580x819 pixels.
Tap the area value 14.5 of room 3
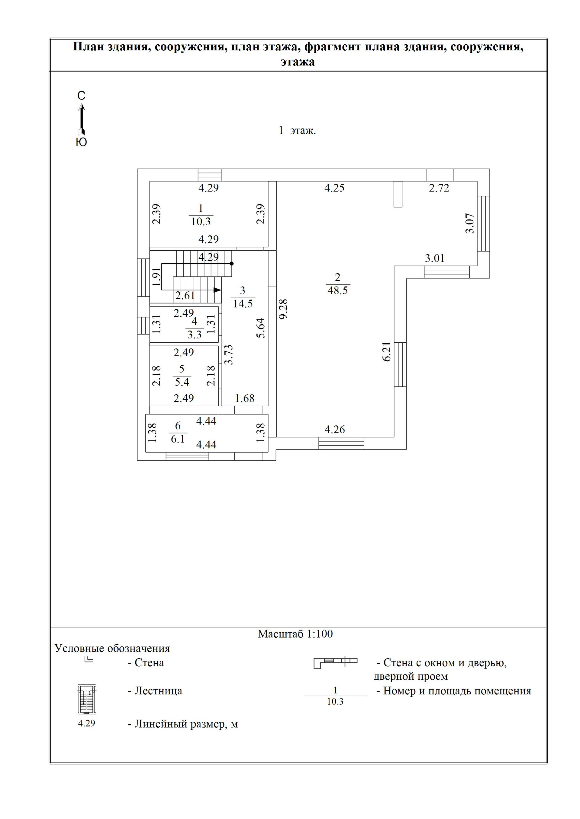pos(243,304)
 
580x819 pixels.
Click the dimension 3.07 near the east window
pos(470,223)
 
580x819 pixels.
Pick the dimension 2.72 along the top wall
pos(439,188)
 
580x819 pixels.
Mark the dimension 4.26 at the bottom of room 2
pos(335,430)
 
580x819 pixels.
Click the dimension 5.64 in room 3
pos(261,328)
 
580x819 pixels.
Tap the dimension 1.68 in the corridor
pos(245,398)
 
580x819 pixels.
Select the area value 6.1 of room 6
pos(178,439)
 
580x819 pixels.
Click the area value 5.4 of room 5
pos(182,382)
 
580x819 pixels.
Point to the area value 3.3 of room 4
pos(195,335)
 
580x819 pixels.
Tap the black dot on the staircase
pos(232,264)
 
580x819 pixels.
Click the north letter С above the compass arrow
pos(82,96)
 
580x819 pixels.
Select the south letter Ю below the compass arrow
pos(82,142)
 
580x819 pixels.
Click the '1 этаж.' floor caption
pos(297,131)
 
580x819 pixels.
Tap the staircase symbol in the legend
pos(86,700)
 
